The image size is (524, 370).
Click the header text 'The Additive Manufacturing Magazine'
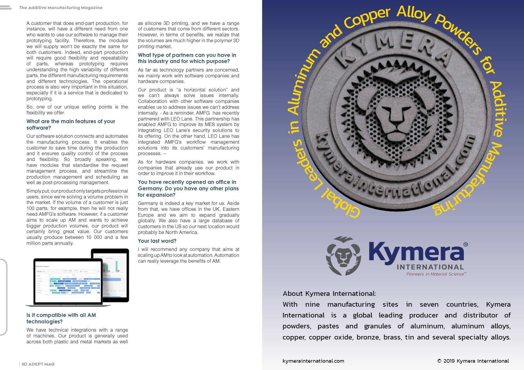tap(61, 8)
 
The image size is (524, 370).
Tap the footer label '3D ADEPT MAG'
tap(38, 364)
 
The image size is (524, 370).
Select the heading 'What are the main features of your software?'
tap(71, 124)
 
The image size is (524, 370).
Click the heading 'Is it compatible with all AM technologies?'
tap(61, 318)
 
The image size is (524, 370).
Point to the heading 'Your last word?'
tap(157, 241)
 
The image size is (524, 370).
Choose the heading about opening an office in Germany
tap(188, 188)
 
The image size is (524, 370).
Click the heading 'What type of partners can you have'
tap(187, 58)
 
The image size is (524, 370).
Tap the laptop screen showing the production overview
tap(68, 281)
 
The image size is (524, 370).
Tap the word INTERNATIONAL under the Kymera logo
tap(430, 267)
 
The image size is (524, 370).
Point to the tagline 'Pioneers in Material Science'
tap(436, 274)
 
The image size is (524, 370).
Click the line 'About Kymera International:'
tap(329, 293)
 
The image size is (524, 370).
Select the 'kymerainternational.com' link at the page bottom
tap(313, 361)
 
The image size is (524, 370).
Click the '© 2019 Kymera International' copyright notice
tap(473, 361)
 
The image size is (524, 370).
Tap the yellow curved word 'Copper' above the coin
tap(367, 19)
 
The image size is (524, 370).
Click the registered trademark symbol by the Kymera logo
tap(466, 245)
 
